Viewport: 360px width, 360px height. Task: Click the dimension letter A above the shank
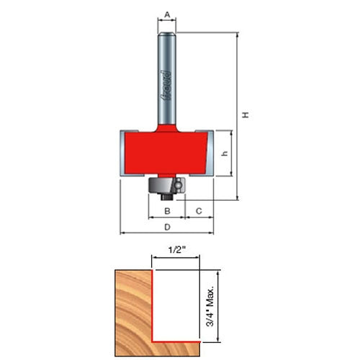pyautogui.click(x=167, y=14)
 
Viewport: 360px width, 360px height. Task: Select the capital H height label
pyautogui.click(x=246, y=114)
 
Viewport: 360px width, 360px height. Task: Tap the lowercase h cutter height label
pyautogui.click(x=225, y=153)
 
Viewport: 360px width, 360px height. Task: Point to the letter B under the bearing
pyautogui.click(x=167, y=211)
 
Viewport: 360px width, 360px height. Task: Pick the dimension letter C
pyautogui.click(x=199, y=211)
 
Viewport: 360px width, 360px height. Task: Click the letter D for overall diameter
pyautogui.click(x=167, y=227)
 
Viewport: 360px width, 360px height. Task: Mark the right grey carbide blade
pyautogui.click(x=210, y=153)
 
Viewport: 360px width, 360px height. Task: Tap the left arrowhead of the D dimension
pyautogui.click(x=123, y=233)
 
